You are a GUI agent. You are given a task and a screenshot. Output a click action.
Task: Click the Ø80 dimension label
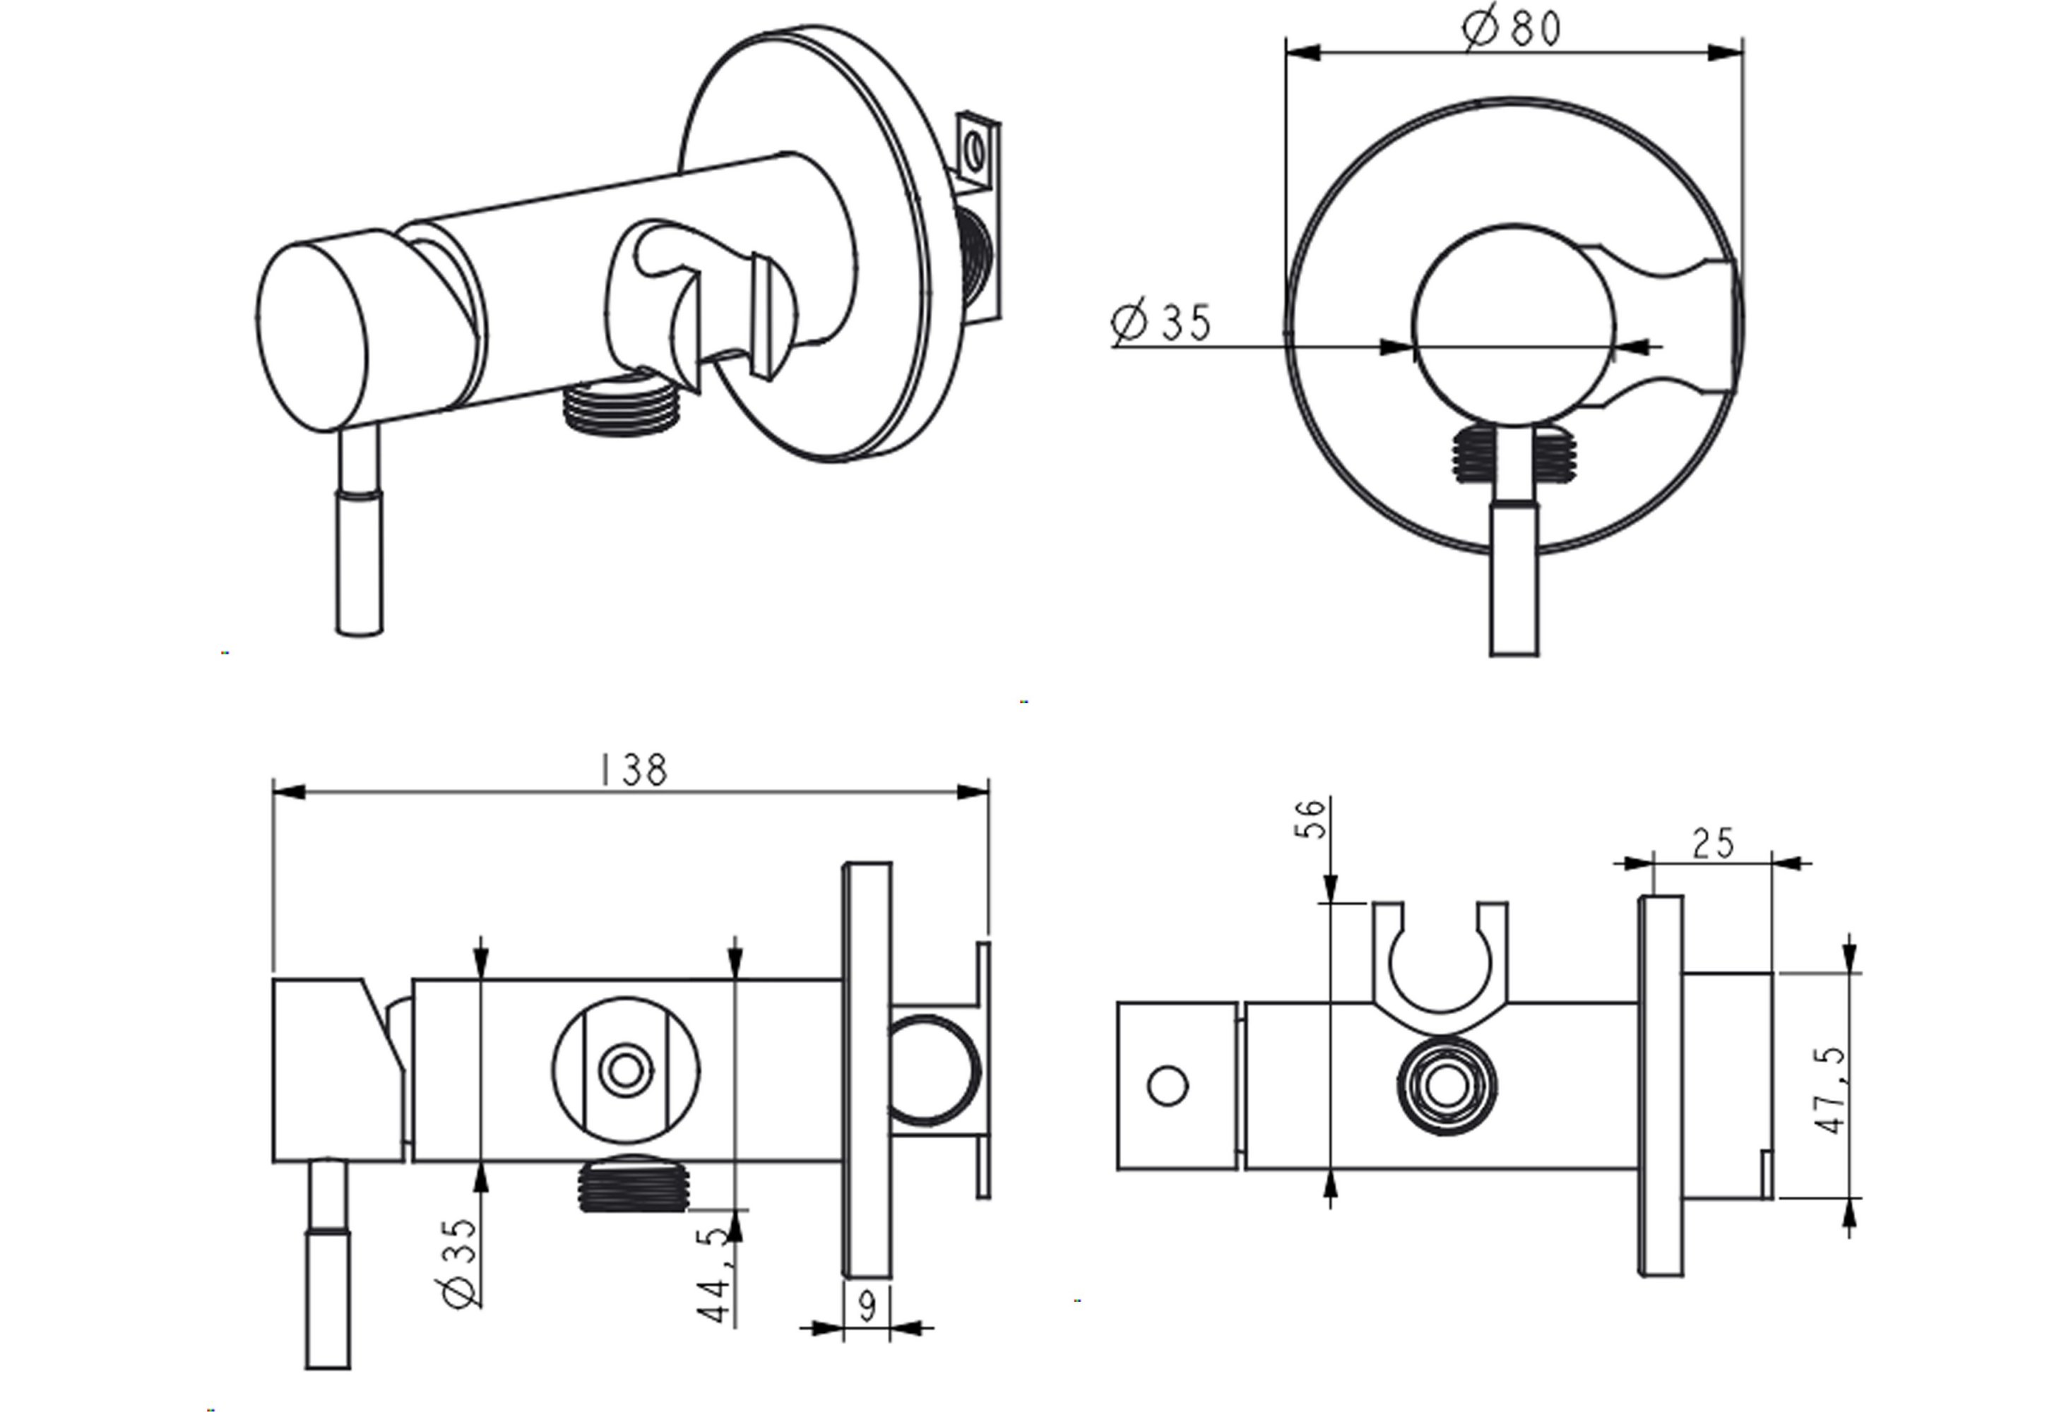[1512, 28]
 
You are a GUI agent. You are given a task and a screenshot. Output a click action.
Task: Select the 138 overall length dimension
[634, 770]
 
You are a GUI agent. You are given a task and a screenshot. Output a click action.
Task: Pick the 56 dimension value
[1310, 820]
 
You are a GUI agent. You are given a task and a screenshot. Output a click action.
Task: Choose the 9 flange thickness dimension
[866, 1307]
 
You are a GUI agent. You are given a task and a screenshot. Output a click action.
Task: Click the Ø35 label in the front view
[1162, 323]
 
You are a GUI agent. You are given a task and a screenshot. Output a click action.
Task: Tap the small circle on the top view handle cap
[1168, 1087]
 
